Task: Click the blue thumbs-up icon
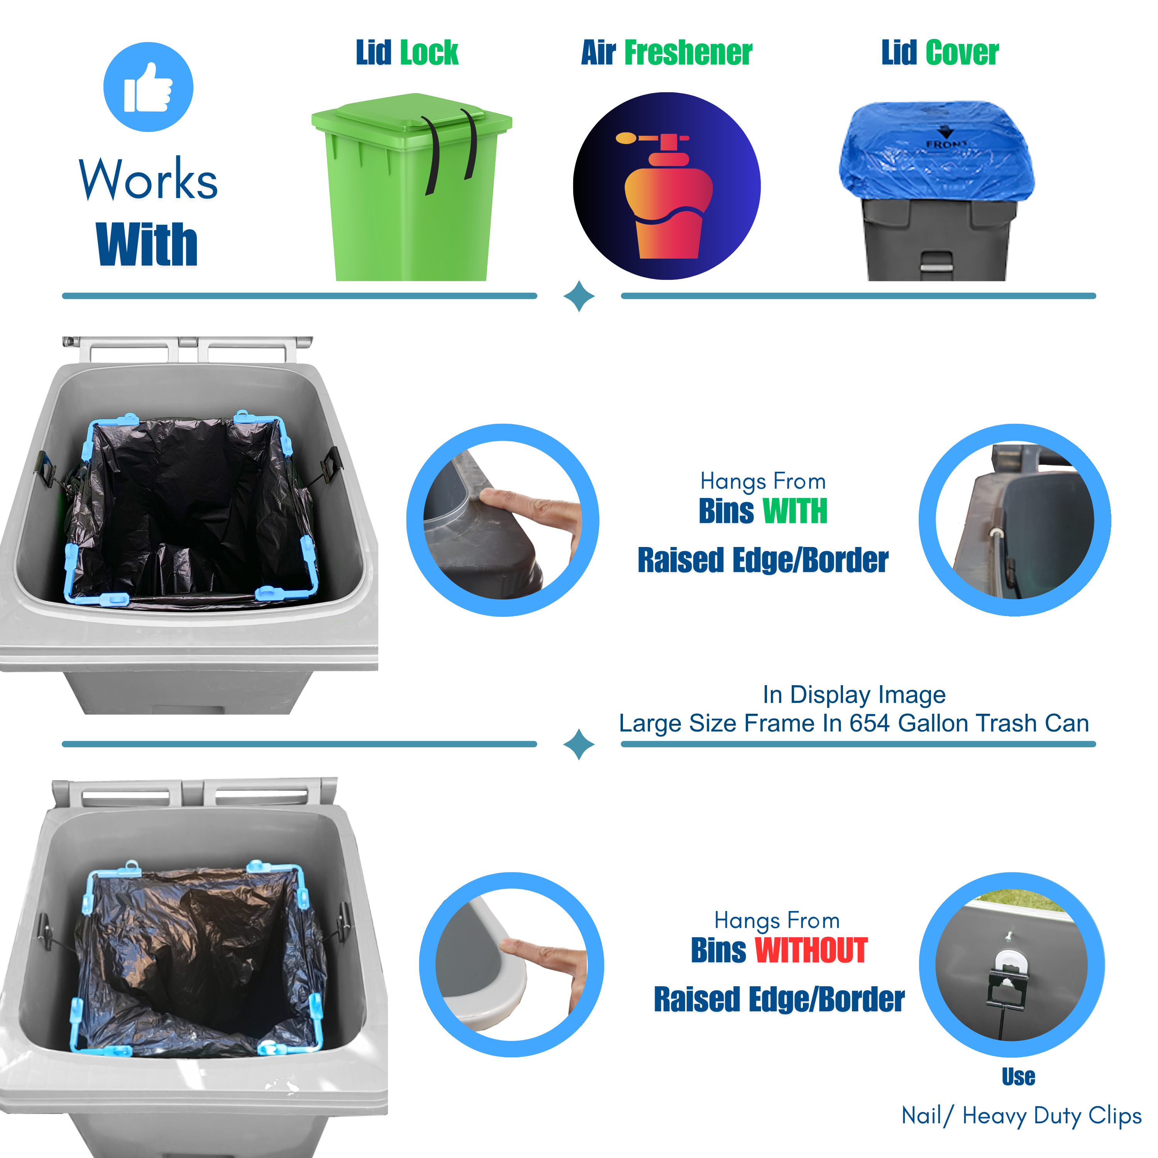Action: (148, 87)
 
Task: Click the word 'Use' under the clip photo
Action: (1018, 1077)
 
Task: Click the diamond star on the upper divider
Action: (579, 296)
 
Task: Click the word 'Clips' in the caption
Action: (1114, 1116)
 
